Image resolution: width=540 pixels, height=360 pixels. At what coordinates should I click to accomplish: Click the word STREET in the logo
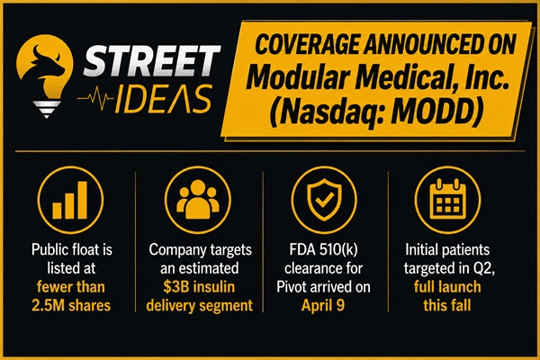151,60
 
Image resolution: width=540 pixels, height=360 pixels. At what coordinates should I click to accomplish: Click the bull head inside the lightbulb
48,63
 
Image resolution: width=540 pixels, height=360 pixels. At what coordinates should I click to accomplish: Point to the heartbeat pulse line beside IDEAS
95,98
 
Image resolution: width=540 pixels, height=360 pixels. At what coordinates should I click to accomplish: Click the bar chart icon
70,200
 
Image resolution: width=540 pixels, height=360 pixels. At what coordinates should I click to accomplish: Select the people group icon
198,200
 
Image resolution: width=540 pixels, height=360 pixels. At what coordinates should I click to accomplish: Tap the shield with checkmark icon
324,200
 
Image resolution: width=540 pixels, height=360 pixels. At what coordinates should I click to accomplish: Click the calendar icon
447,200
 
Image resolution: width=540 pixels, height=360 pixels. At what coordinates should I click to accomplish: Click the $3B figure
175,287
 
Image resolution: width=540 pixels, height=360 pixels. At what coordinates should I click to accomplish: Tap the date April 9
323,306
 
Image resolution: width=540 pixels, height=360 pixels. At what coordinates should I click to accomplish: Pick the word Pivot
292,287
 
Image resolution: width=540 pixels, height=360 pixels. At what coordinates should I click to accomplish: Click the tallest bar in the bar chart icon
82,200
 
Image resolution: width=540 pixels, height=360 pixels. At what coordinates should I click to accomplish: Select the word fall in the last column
461,305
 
